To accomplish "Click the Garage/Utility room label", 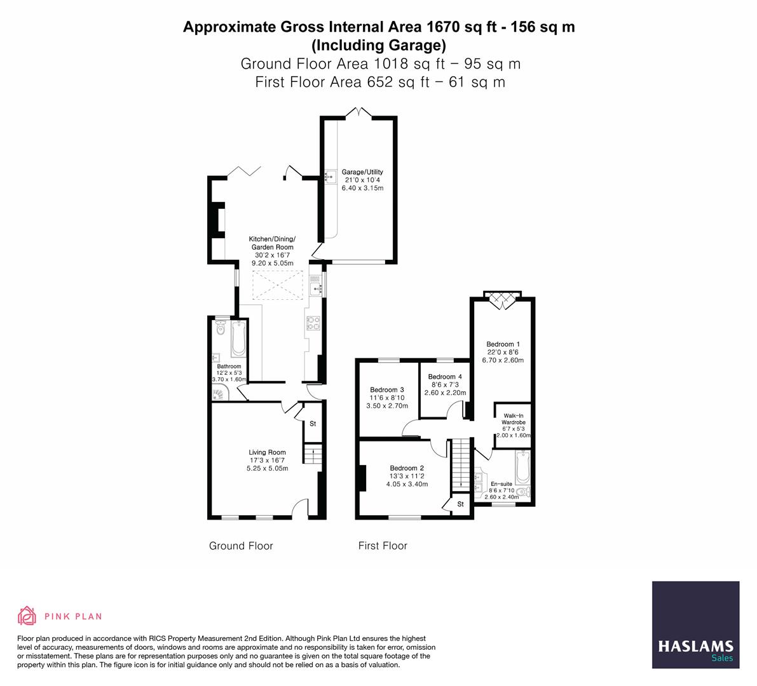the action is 362,171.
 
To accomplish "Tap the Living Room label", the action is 267,452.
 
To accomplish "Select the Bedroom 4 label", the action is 445,377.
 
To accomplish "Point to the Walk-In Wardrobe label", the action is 513,419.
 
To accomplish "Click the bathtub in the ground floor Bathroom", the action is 238,338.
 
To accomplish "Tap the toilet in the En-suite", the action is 523,492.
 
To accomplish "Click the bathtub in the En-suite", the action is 523,467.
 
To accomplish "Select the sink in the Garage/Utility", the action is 331,177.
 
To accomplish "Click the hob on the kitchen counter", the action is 313,323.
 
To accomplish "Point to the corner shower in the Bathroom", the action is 219,394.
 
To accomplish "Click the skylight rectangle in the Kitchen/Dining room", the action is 278,285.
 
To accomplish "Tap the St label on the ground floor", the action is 313,424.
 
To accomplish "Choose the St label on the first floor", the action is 461,504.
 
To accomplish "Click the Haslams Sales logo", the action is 696,625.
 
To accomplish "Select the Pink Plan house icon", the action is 27,615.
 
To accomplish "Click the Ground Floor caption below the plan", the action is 241,546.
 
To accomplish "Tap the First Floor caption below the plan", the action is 383,546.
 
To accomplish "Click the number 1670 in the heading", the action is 443,27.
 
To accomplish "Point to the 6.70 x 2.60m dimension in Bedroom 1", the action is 503,360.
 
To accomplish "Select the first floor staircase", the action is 461,464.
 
